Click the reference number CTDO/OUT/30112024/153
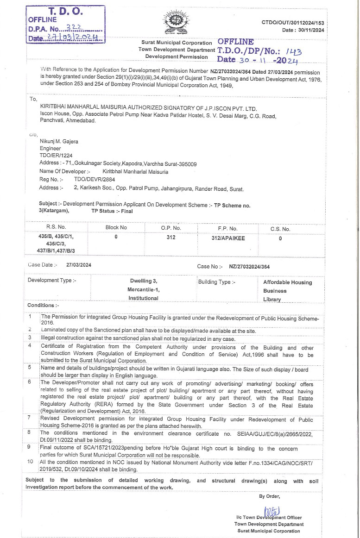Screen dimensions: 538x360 pos(293,23)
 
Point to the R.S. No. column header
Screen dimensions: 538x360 pos(56,228)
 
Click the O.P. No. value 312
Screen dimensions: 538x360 pos(171,237)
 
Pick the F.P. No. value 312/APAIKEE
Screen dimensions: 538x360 pos(228,237)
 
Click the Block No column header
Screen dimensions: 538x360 pos(116,228)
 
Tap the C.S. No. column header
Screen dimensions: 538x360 pos(280,228)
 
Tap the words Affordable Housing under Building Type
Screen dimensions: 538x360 pos(287,282)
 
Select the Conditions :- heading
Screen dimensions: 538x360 pos(43,305)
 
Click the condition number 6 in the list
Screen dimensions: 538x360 pos(29,382)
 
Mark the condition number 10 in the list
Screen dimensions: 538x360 pos(30,462)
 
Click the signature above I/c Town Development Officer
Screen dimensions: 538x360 pos(271,512)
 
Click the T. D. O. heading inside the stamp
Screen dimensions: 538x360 pos(65,11)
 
